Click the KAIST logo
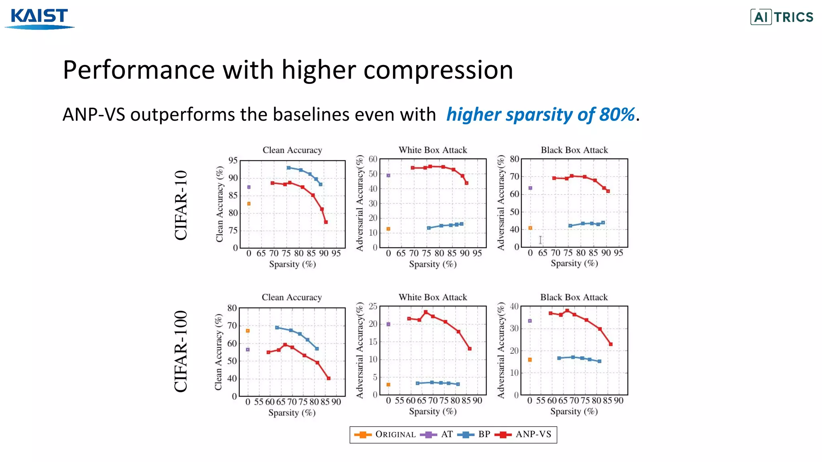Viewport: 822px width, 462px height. click(39, 18)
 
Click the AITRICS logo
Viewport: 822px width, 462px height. click(781, 17)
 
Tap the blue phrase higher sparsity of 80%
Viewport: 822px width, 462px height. click(540, 115)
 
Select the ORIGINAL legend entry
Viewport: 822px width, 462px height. click(385, 434)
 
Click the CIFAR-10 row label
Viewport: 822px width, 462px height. click(181, 205)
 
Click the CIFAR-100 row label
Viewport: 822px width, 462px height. click(181, 351)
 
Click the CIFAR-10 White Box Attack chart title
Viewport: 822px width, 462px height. click(433, 150)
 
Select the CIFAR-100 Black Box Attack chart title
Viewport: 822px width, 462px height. click(574, 298)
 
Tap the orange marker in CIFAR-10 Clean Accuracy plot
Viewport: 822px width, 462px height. click(249, 204)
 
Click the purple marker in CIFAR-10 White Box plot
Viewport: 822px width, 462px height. click(388, 175)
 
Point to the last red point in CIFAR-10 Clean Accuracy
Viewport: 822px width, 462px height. click(326, 222)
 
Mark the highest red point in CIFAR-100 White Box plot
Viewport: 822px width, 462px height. click(425, 312)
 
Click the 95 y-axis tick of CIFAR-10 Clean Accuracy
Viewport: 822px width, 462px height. click(233, 160)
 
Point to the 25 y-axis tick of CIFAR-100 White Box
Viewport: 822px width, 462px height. click(373, 306)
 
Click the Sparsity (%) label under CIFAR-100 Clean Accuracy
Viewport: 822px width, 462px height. click(292, 413)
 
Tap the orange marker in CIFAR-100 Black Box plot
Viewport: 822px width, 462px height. click(530, 360)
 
